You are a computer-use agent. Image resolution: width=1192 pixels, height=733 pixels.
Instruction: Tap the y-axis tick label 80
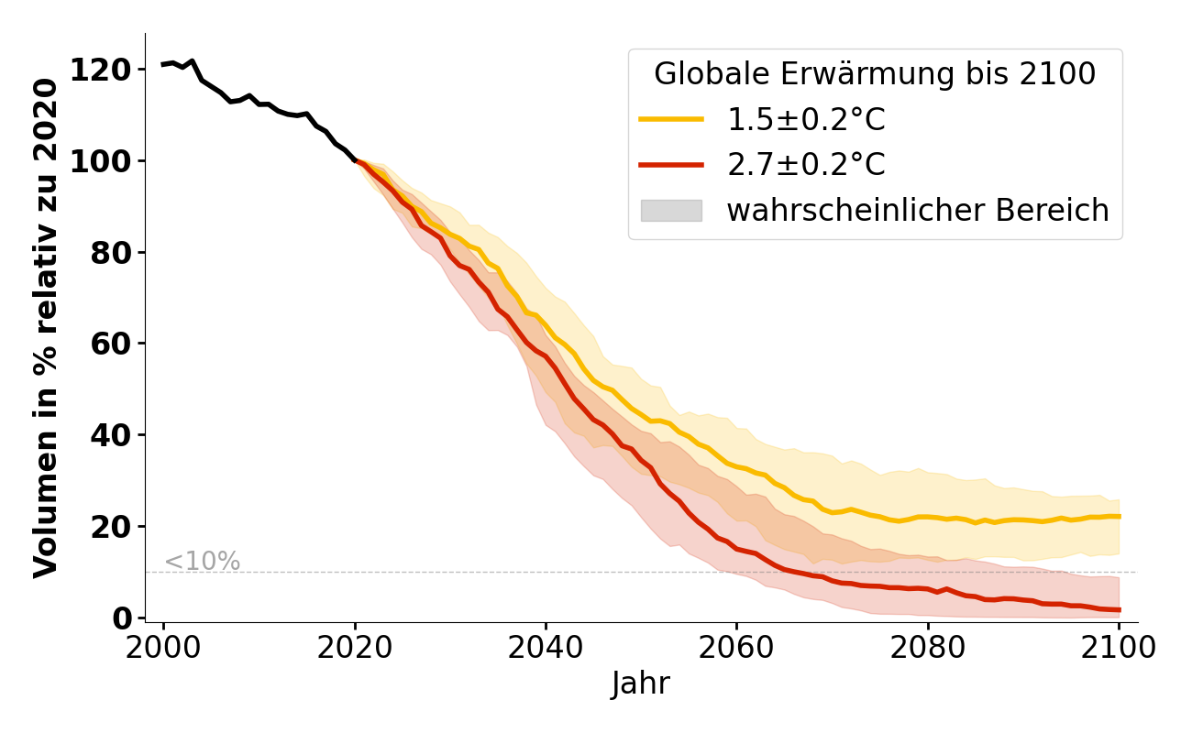111,253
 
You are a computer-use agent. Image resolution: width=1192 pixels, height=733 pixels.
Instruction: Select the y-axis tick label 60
111,345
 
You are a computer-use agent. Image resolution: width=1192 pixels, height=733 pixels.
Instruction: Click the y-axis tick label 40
111,435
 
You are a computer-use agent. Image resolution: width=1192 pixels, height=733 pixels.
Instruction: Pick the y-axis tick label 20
111,527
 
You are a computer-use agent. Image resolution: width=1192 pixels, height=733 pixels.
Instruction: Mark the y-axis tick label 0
121,618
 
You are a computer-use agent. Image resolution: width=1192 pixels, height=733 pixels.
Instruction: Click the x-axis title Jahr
641,684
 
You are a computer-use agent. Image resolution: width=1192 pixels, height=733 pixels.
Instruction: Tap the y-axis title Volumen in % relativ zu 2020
46,328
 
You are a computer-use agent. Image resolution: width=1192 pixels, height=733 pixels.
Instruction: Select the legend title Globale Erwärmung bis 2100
875,74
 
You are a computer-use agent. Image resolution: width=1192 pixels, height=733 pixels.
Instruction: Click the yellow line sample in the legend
671,119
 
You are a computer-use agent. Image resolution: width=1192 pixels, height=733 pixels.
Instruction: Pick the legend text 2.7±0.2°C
806,165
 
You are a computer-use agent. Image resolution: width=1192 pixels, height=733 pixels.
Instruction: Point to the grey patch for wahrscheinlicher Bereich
671,211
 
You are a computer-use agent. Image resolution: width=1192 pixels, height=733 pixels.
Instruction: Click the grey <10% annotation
202,562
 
